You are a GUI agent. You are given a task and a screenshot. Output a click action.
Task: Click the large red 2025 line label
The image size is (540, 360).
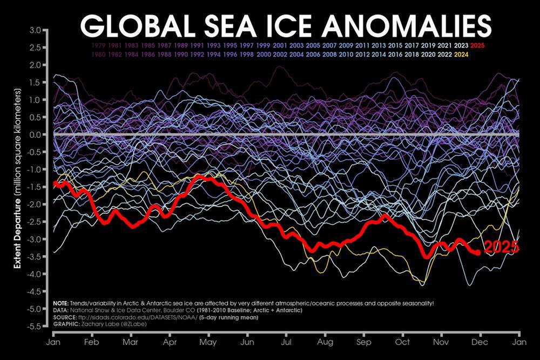501,248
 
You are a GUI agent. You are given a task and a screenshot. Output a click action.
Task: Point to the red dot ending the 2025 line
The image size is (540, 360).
477,252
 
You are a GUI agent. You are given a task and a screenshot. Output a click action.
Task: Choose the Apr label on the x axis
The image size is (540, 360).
170,342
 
